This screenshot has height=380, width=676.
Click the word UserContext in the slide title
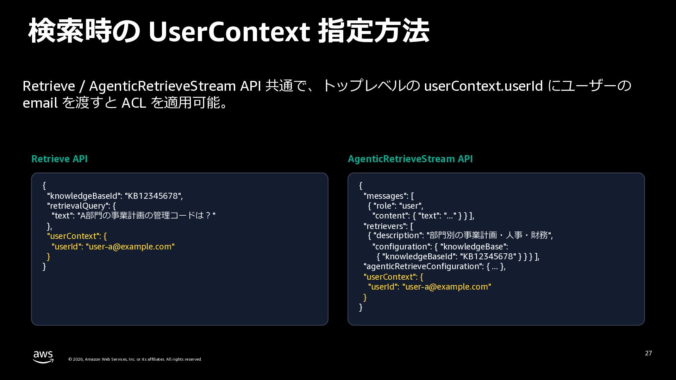(229, 31)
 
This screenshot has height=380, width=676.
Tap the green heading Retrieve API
(60, 159)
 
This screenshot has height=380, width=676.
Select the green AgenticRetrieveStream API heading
(410, 159)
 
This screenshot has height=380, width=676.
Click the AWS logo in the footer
(43, 357)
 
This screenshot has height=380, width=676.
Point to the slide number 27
(649, 353)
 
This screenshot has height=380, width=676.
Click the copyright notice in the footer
(135, 359)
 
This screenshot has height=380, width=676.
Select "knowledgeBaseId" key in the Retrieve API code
(84, 196)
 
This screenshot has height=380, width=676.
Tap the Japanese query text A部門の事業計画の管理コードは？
(146, 215)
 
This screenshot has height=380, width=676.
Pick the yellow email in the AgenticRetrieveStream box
(447, 287)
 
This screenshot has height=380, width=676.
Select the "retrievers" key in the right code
(386, 226)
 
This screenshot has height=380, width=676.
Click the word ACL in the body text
(134, 103)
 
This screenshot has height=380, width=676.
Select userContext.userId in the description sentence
(483, 86)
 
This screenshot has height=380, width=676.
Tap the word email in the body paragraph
(40, 103)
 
